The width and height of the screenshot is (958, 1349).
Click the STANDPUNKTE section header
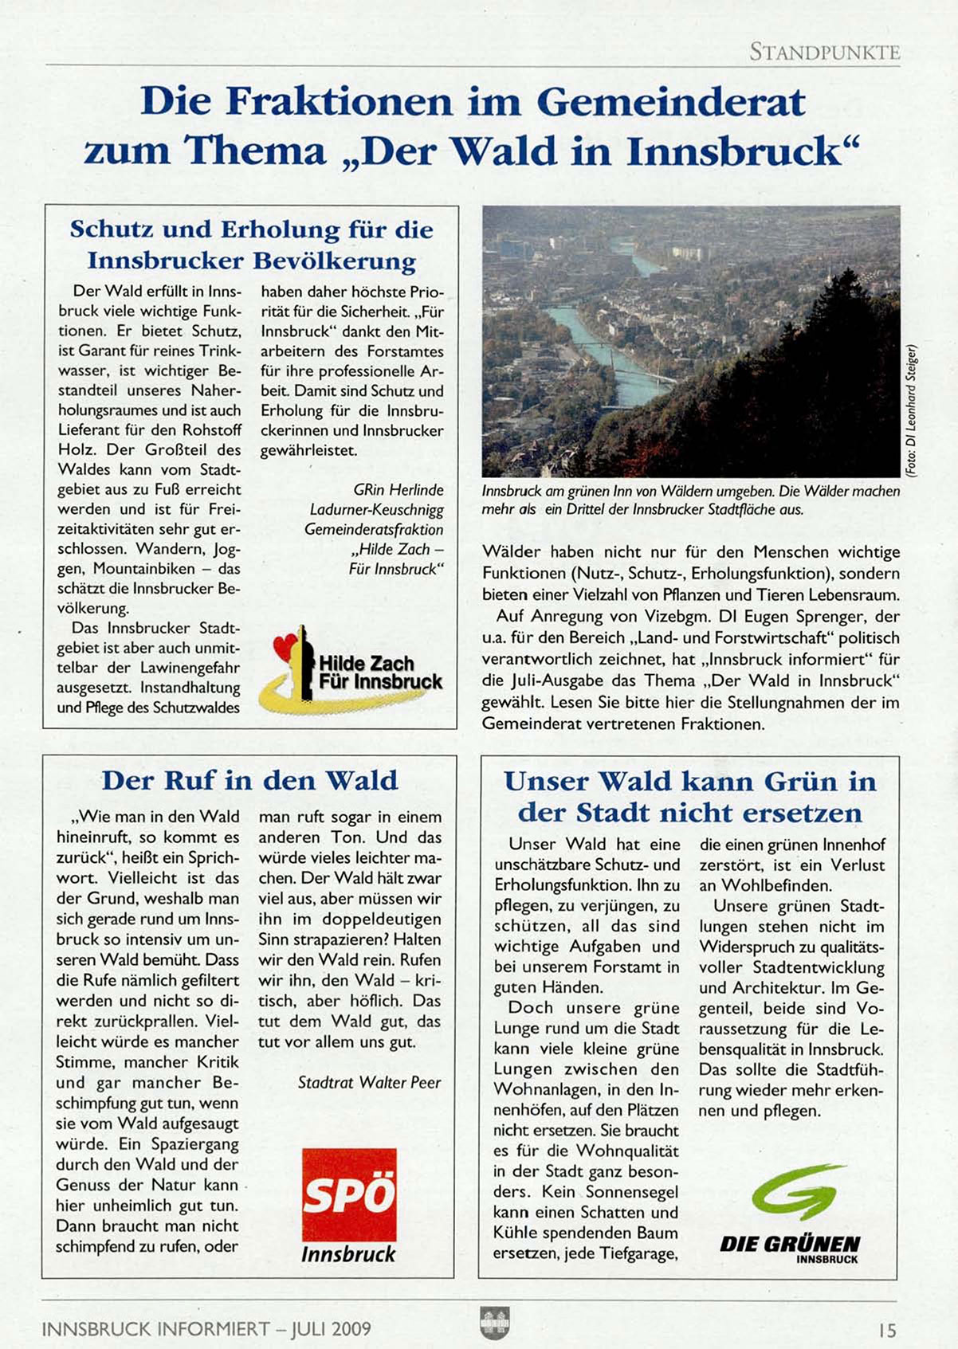(824, 53)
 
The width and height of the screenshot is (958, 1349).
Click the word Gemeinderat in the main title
(671, 102)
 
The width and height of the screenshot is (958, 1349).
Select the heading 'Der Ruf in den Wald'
(249, 780)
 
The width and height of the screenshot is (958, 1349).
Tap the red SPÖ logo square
(349, 1194)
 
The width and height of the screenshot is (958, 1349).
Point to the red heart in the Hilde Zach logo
(285, 646)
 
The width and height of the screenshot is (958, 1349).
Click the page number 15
(887, 1330)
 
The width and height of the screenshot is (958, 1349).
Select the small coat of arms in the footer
(495, 1324)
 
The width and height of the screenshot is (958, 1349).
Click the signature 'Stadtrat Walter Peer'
(369, 1083)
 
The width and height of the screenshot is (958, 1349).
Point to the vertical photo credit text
(911, 410)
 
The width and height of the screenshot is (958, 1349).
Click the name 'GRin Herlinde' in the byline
(399, 490)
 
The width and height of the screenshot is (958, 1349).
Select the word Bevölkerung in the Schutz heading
(335, 261)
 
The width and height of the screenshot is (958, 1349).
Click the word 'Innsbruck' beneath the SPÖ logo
(348, 1254)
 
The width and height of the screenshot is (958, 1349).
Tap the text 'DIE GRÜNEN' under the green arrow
(790, 1245)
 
